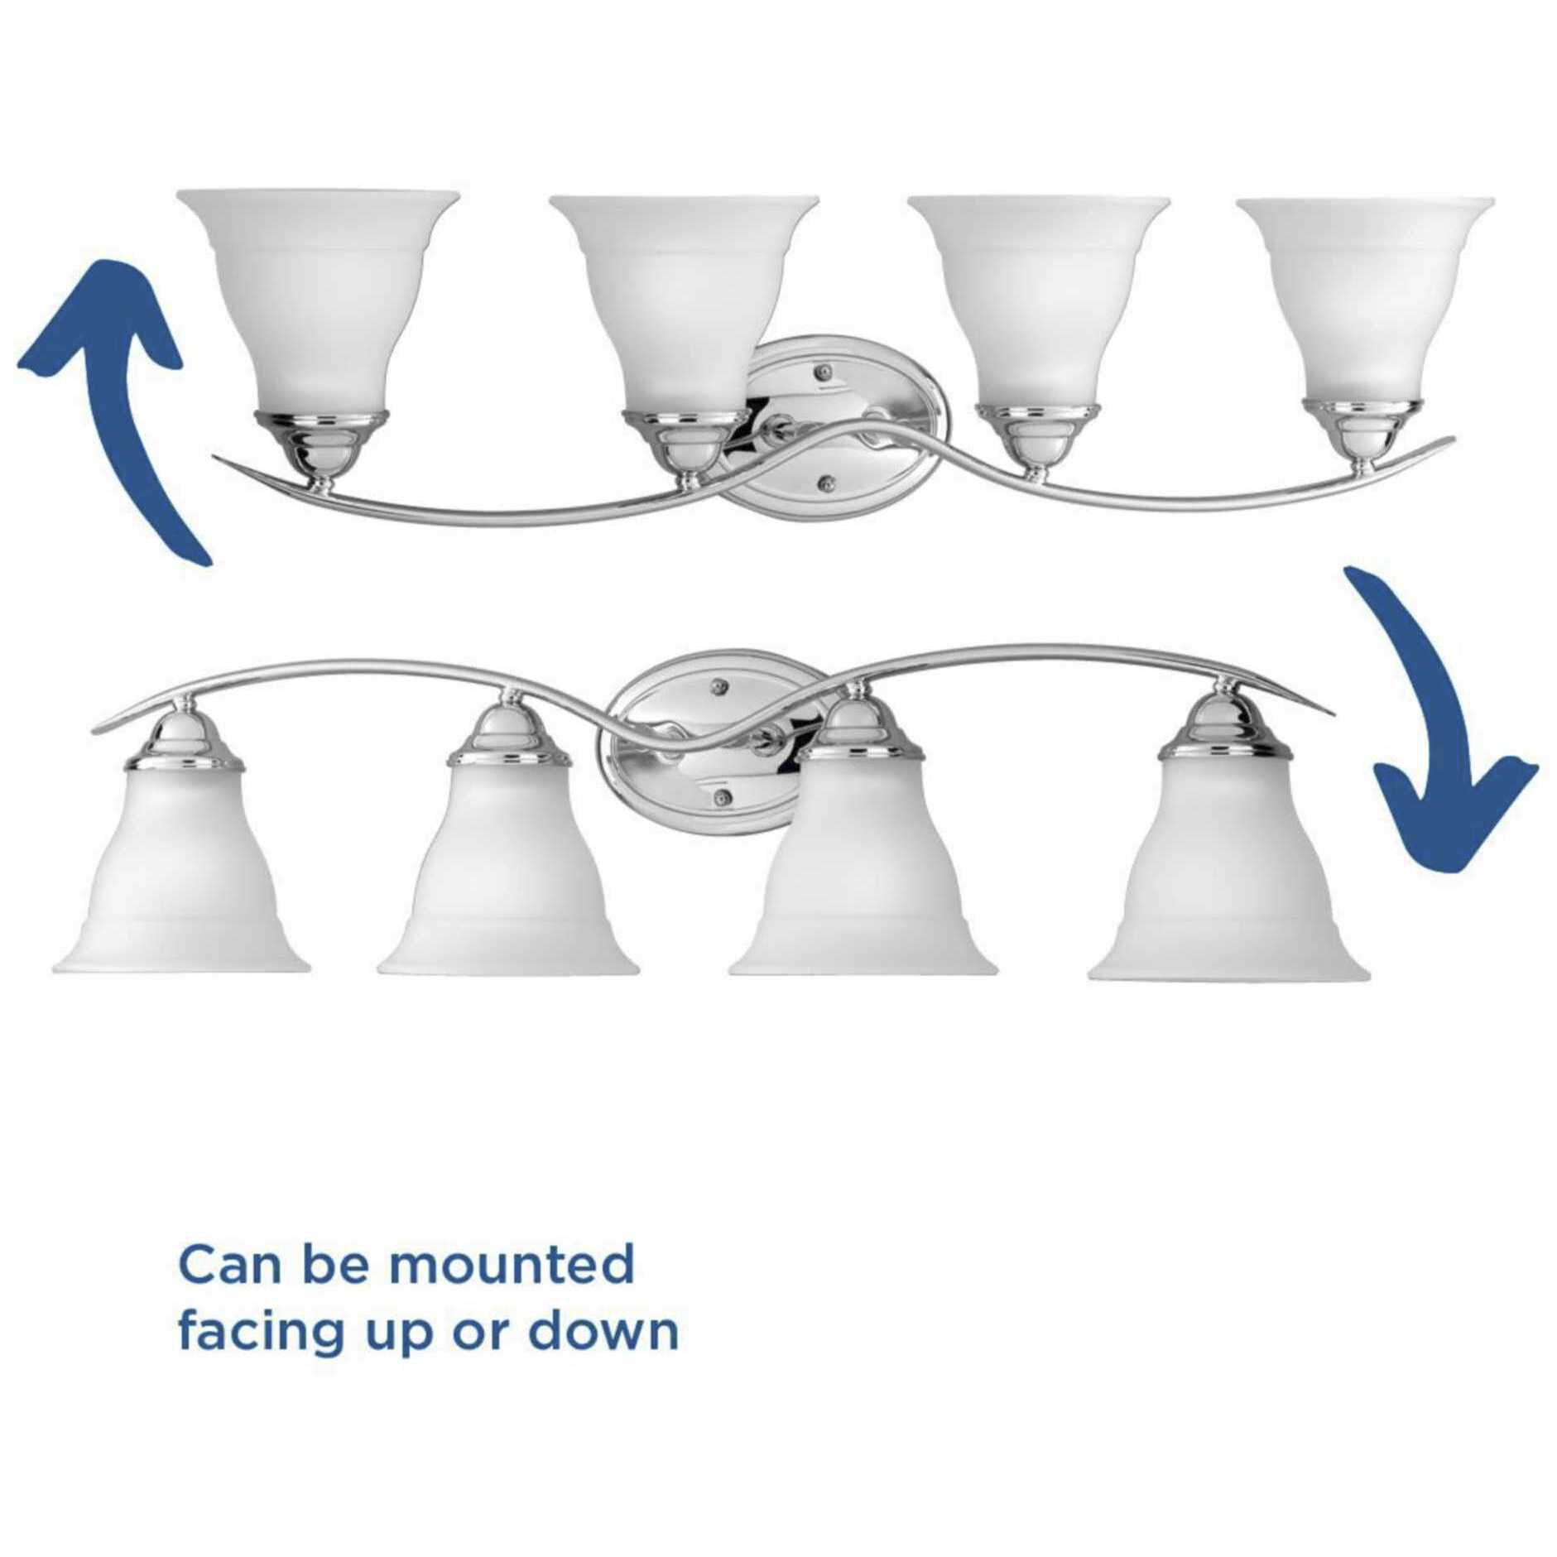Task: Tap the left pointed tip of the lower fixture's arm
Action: pyautogui.click(x=94, y=730)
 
